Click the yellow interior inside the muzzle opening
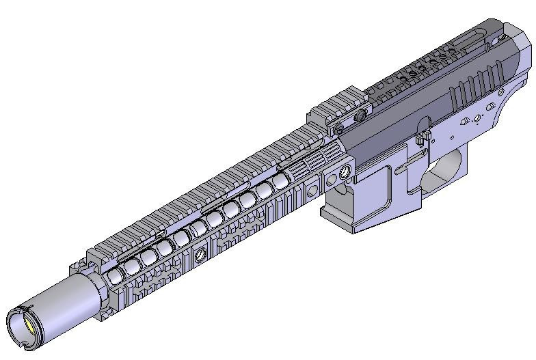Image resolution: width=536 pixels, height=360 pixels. [x=25, y=327]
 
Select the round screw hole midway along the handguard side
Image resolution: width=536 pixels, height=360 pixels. [x=201, y=255]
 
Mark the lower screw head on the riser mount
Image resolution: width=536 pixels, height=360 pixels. [x=337, y=128]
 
